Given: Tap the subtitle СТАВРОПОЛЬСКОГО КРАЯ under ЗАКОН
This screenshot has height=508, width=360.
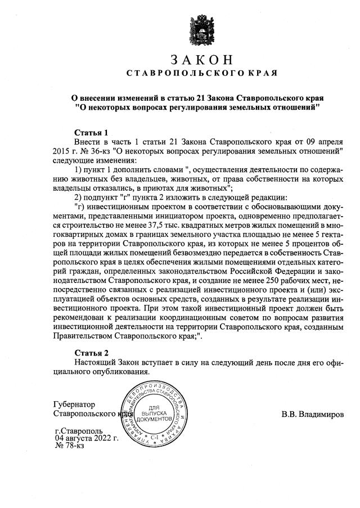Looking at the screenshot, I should tap(201, 74).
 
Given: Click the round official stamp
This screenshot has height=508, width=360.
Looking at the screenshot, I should tap(154, 416).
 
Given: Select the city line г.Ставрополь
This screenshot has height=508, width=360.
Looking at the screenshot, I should tap(79, 430).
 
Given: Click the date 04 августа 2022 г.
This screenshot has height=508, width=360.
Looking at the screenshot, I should tap(86, 438).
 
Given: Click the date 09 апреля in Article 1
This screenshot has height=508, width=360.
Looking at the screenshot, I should tap(323, 142).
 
